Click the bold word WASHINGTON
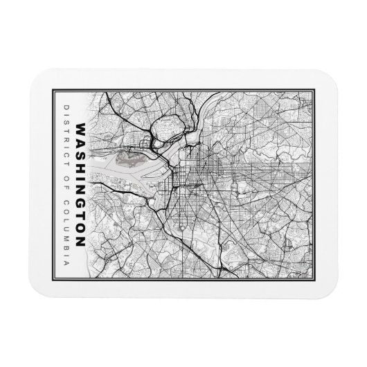(x=81, y=185)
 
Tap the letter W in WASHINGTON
(x=81, y=129)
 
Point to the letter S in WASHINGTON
(x=81, y=153)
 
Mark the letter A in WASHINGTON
(x=81, y=141)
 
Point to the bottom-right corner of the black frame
(x=314, y=278)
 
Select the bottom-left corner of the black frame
(x=53, y=278)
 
